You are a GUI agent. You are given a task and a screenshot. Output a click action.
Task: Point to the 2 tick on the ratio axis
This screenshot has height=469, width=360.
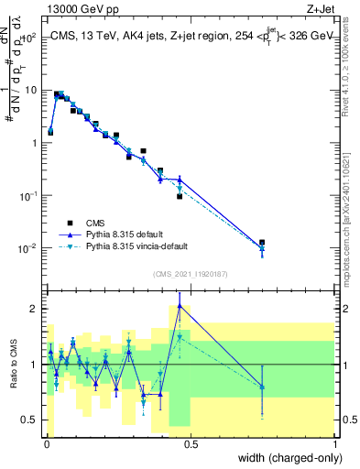[35, 309]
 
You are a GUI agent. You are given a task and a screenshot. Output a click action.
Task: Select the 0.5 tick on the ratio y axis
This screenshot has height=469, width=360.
[31, 420]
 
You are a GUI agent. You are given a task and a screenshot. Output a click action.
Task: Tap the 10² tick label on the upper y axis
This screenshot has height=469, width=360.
[31, 38]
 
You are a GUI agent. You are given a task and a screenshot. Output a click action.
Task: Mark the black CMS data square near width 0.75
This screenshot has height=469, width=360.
[262, 243]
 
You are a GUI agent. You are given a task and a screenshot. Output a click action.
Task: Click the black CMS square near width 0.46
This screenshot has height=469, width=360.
[180, 196]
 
